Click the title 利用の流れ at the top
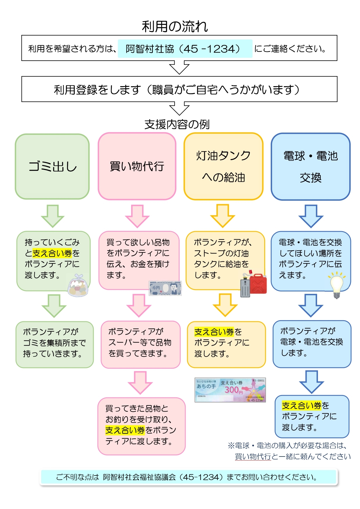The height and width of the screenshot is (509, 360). pyautogui.click(x=175, y=26)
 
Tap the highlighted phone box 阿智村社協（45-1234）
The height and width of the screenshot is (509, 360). pyautogui.click(x=185, y=49)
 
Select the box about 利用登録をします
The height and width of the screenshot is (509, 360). pyautogui.click(x=179, y=89)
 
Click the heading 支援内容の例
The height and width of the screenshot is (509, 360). pyautogui.click(x=177, y=124)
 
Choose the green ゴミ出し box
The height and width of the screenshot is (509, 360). pyautogui.click(x=52, y=166)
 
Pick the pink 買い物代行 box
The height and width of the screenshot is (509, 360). pyautogui.click(x=137, y=166)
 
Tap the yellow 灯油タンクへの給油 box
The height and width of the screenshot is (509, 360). pyautogui.click(x=223, y=166)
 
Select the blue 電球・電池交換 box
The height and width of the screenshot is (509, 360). pyautogui.click(x=310, y=166)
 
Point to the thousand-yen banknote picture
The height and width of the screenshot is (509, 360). pyautogui.click(x=165, y=288)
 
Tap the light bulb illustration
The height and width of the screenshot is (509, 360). pyautogui.click(x=337, y=285)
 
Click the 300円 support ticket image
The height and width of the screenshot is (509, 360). pyautogui.click(x=230, y=390)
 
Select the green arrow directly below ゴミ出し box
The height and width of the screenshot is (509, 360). pyautogui.click(x=53, y=216)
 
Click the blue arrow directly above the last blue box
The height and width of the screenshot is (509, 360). pyautogui.click(x=312, y=382)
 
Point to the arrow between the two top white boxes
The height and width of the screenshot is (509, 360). pyautogui.click(x=179, y=68)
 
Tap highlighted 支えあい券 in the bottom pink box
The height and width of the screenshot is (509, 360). pyautogui.click(x=125, y=430)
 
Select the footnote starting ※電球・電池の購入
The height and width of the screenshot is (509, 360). pyautogui.click(x=289, y=451)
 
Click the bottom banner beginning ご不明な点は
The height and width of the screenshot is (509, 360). pyautogui.click(x=189, y=477)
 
